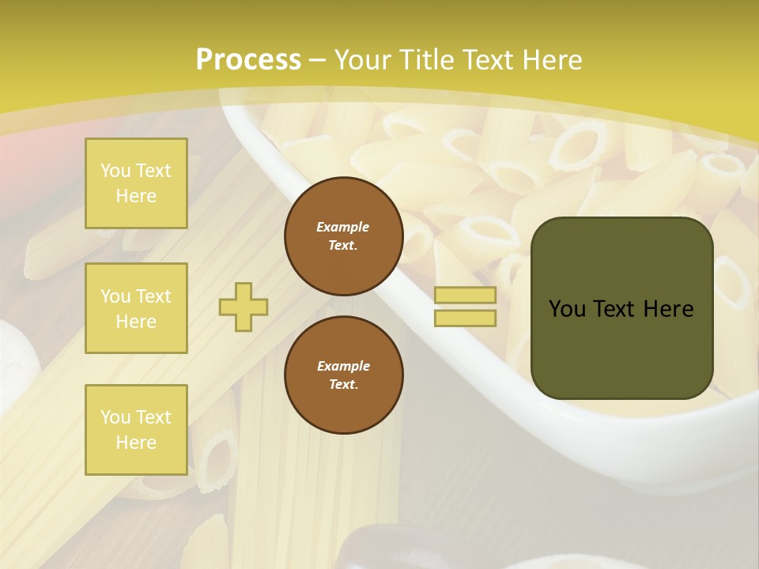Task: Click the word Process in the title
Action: point(248,60)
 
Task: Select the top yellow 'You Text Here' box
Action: point(136,183)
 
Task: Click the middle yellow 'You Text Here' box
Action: point(136,308)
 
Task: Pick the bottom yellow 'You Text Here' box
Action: point(136,429)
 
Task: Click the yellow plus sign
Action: point(244,307)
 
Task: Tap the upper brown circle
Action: point(344,236)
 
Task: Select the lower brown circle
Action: point(344,375)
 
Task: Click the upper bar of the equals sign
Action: point(465,296)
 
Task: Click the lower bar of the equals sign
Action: point(465,318)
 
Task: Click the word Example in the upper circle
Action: point(343,227)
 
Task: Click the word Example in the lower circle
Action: point(343,366)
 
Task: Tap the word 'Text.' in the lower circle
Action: point(343,385)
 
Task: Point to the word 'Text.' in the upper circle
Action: point(343,246)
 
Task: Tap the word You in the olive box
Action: point(567,309)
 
